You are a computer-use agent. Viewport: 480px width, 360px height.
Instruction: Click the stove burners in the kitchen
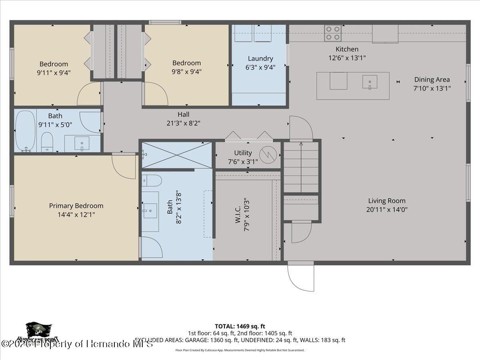332,33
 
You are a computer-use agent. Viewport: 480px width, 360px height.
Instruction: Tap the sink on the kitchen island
370,82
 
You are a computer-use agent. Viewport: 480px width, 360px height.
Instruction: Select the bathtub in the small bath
25,130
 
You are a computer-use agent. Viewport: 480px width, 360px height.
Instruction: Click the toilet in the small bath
47,142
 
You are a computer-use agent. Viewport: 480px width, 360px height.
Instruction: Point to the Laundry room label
260,59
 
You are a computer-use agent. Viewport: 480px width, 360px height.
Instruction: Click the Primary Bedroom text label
76,206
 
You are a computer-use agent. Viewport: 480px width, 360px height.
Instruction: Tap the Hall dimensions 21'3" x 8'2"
183,123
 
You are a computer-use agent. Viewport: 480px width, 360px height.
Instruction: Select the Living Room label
386,201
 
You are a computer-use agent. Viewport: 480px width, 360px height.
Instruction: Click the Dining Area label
432,80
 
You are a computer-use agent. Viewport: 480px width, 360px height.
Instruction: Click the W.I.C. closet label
238,214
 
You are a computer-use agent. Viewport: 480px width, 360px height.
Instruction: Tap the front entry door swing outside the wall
301,277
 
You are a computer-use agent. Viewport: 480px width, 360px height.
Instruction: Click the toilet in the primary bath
152,180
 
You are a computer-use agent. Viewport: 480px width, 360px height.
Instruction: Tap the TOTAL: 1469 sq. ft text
240,326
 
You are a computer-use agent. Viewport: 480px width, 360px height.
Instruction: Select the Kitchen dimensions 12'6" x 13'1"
347,58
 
